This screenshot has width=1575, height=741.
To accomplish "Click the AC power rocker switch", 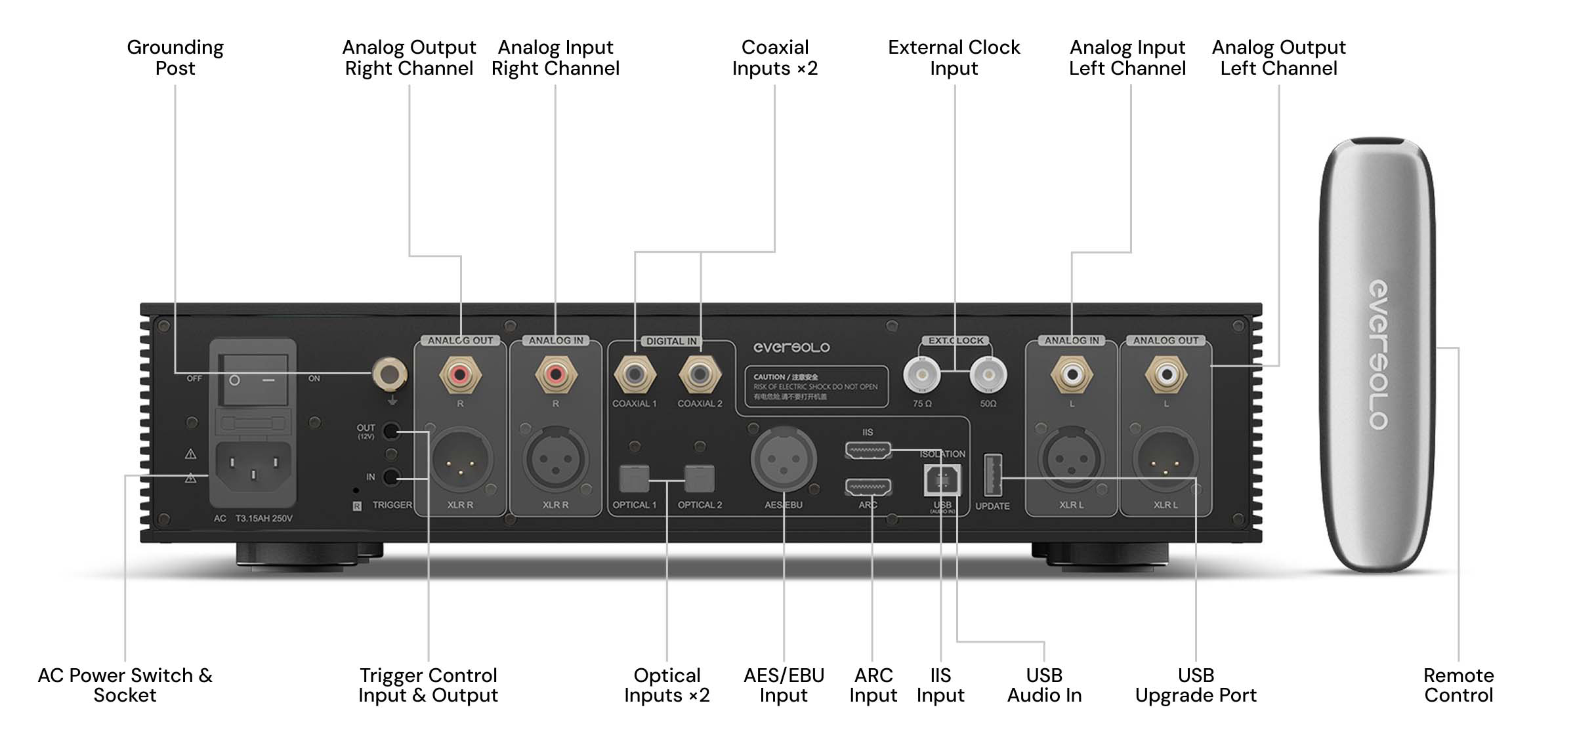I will pos(253,380).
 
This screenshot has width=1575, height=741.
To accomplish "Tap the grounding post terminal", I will pos(389,374).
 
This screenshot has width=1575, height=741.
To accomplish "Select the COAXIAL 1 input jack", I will pos(634,374).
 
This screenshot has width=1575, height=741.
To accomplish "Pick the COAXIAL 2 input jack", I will pos(700,374).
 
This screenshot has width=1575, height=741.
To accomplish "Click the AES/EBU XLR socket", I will pos(784,460).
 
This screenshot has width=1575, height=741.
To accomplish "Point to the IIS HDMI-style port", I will pos(868,451).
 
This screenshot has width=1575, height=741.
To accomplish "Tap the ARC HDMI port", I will pos(868,487).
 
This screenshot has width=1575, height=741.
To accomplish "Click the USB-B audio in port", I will pos(942,481).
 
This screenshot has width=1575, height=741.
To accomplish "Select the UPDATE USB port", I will pos(992,475).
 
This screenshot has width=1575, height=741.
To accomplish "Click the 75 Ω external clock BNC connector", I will pos(921,374).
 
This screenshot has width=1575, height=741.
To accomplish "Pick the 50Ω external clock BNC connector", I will pos(988,374).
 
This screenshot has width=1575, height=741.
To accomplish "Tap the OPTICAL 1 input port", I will pos(634,479).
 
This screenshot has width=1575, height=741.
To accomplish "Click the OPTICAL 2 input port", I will pos(700,479).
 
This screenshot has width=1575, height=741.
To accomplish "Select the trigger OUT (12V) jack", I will pos(390,431).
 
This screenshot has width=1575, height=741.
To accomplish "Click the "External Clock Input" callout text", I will pos(954,58).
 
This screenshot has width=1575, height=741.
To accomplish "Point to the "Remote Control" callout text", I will pos(1458,685).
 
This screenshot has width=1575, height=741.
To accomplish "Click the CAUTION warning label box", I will pos(816,386).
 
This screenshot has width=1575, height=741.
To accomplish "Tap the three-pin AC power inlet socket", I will pos(253,466).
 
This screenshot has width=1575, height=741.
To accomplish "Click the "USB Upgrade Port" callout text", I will pos(1196,685).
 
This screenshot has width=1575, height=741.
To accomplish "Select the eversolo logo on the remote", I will pos(1378,355).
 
